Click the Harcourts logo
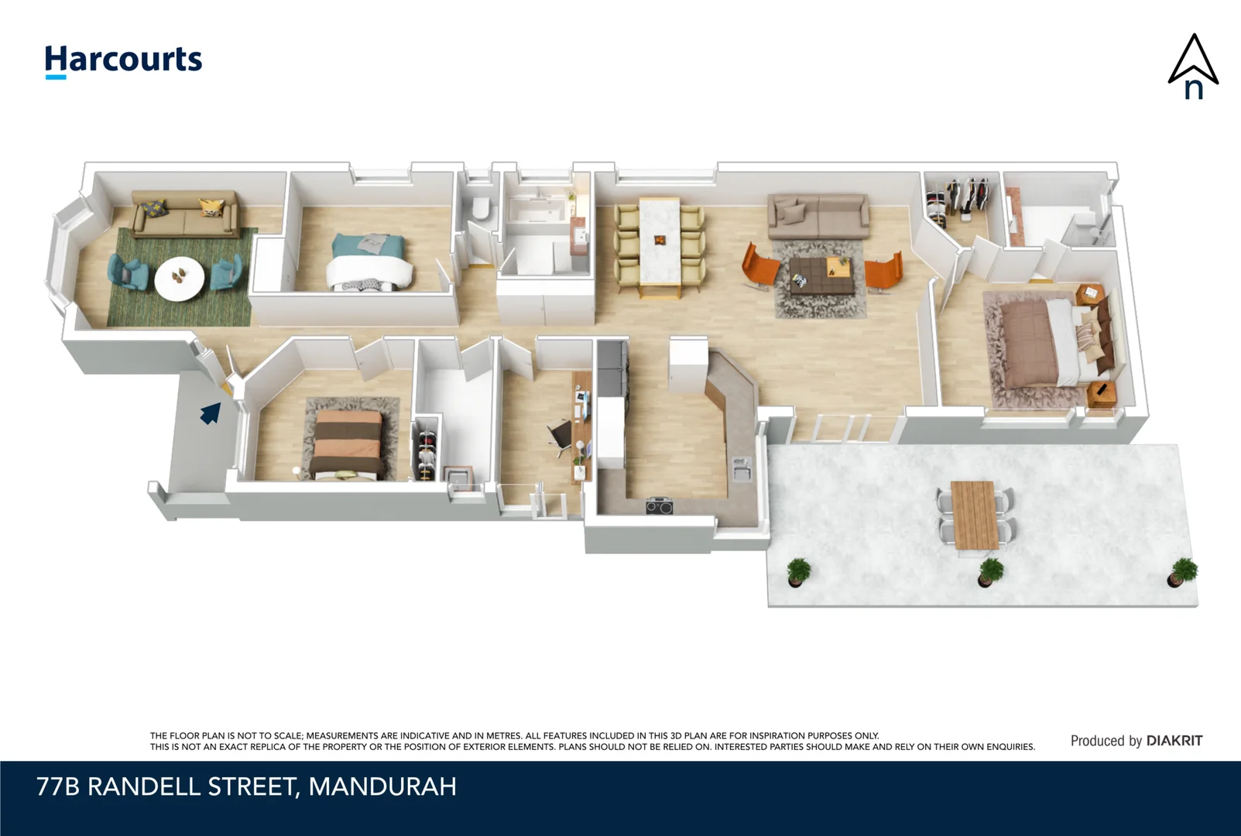[x=123, y=60]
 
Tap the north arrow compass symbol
[x=1193, y=67]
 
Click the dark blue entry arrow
[x=210, y=413]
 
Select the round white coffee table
[x=180, y=277]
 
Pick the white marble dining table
[x=660, y=241]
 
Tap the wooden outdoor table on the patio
[x=975, y=515]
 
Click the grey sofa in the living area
[x=818, y=216]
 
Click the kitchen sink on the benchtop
[x=741, y=468]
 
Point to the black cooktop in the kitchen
[x=660, y=506]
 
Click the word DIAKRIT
[x=1174, y=741]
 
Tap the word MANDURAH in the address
[x=382, y=786]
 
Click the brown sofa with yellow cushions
[x=184, y=214]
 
